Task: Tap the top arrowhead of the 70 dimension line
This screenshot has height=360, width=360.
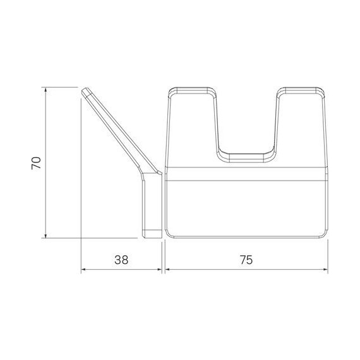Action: pyautogui.click(x=47, y=90)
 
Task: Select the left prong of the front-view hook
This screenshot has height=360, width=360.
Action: pyautogui.click(x=192, y=126)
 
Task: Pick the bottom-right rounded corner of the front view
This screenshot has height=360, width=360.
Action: pyautogui.click(x=323, y=232)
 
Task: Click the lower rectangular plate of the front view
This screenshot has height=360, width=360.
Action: pyautogui.click(x=246, y=205)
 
